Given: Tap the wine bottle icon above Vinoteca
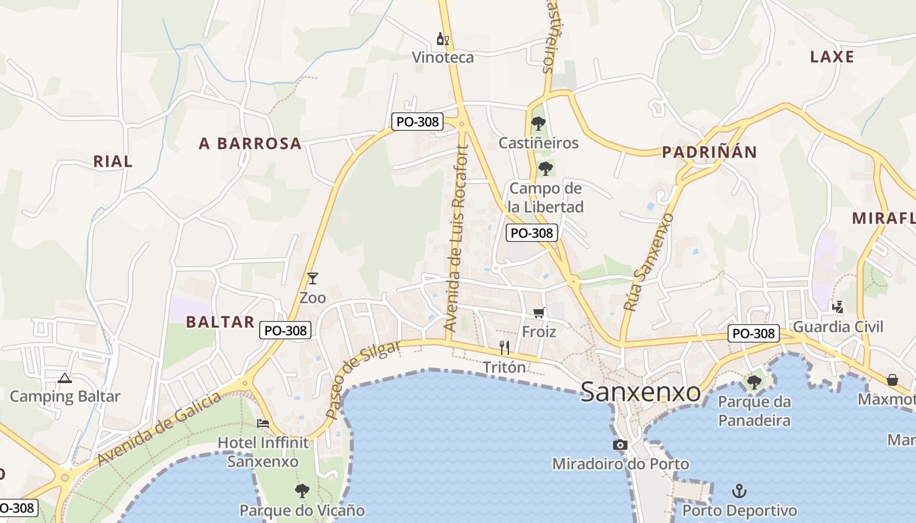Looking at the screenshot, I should (443, 39).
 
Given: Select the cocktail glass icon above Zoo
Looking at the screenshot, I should (313, 278).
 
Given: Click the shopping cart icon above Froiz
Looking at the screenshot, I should (539, 313).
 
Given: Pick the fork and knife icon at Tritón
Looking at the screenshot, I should (504, 348).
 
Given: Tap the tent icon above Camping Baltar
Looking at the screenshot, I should (65, 378).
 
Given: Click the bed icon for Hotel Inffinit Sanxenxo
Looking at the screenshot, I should (263, 424).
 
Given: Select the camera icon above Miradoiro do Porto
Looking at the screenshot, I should (620, 445).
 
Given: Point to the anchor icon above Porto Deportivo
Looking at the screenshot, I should (739, 491).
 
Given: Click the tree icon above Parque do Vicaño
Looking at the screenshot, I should (302, 490).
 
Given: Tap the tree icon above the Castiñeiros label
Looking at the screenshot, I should (538, 123).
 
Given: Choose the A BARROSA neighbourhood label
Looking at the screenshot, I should (250, 144).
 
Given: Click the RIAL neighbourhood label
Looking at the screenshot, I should (113, 161).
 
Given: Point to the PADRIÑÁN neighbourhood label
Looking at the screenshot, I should (709, 152).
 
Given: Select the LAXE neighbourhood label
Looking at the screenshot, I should (832, 57).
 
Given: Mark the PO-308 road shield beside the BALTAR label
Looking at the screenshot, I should (285, 330).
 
